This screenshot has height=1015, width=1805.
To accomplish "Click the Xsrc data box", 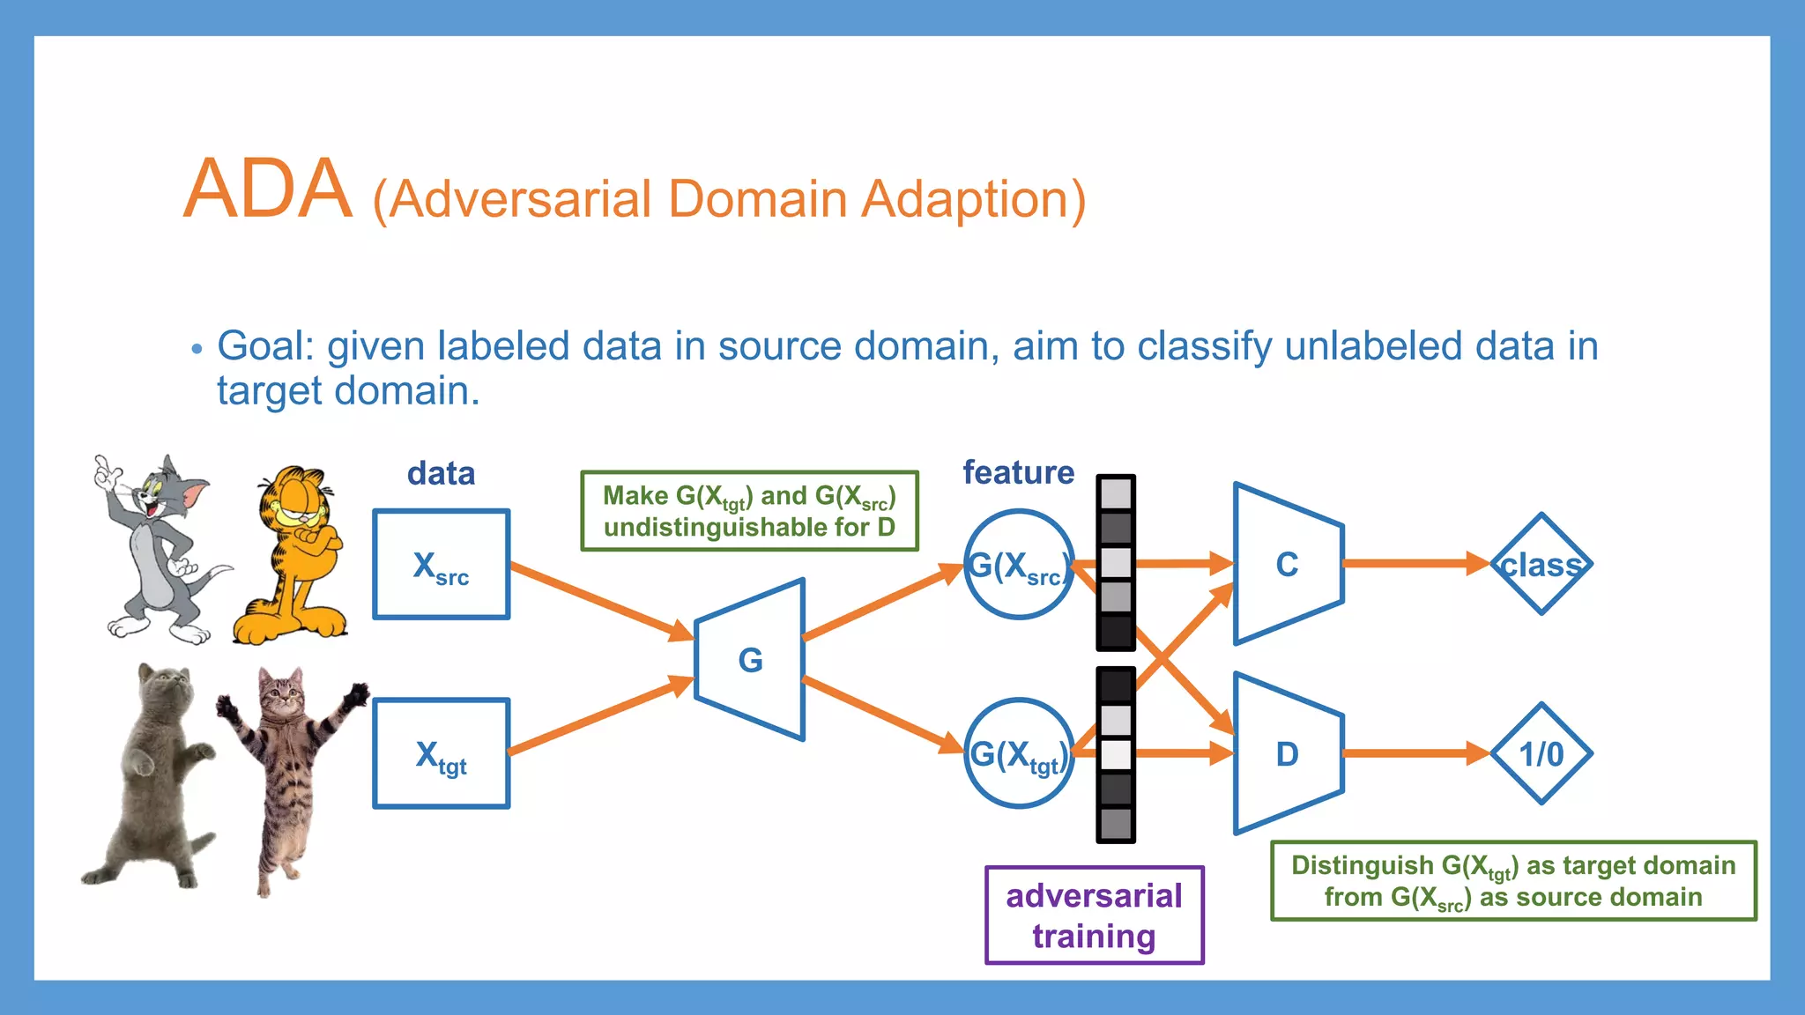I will pos(441,565).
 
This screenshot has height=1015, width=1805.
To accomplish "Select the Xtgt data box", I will pos(441,754).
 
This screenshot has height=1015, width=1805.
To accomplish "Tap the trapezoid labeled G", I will pos(750,660).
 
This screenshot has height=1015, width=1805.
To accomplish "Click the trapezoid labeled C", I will pos(1287,564).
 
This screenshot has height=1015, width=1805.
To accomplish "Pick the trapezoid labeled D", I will pos(1287,754).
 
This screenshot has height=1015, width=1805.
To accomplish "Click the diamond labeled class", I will pos(1541,564).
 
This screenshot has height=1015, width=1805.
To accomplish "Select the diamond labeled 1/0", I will pos(1541,754).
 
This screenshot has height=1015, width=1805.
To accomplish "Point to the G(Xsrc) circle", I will pos(1018,565).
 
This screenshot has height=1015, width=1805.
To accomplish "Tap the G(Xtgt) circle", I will pos(1018,754).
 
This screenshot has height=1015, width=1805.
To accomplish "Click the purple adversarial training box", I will pos(1094,915).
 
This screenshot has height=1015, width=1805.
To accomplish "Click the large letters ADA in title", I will pos(267,189).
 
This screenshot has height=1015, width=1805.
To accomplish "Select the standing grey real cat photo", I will pos(150,775).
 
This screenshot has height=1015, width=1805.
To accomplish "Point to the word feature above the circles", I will pos(1018,473).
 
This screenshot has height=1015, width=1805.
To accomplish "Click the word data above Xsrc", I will pos(441,474).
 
